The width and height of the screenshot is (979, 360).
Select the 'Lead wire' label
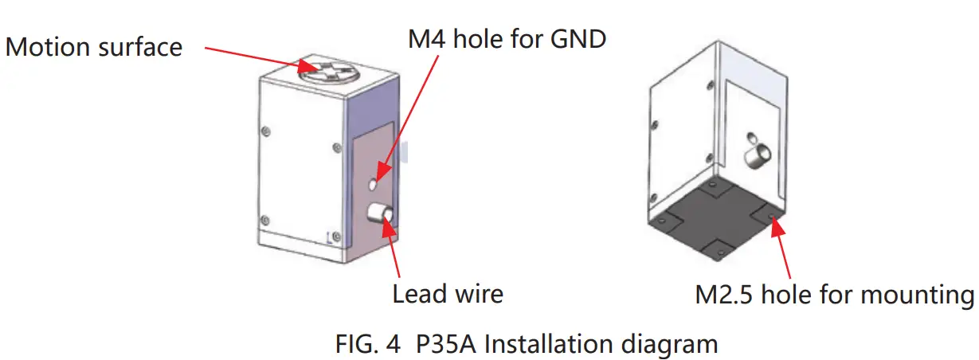click(448, 294)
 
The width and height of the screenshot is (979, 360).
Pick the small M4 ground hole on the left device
click(374, 185)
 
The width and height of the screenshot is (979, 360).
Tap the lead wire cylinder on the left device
click(378, 213)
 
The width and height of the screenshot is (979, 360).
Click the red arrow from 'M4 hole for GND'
click(409, 119)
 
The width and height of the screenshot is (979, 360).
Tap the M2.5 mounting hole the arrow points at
click(770, 214)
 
